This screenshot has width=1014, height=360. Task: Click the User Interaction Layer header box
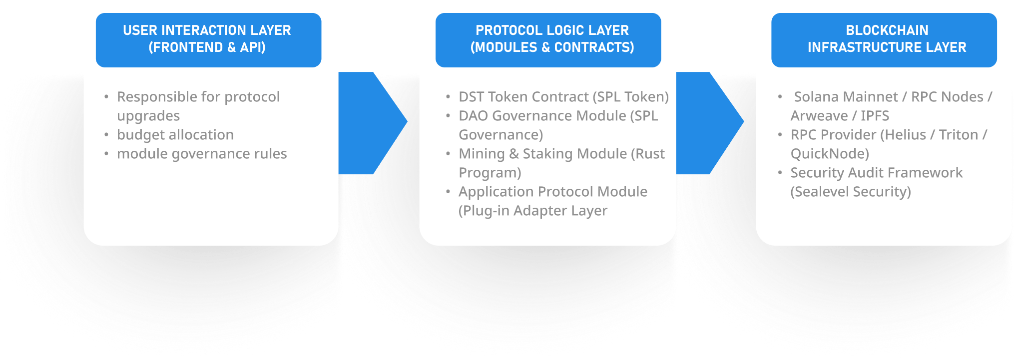[x=208, y=40]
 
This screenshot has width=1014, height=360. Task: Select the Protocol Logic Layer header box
[x=548, y=40]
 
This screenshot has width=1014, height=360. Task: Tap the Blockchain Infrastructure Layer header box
[x=884, y=40]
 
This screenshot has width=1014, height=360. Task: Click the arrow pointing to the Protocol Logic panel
[x=373, y=123]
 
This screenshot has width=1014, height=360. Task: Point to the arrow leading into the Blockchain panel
[x=710, y=123]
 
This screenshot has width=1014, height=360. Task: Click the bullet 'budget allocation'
[x=175, y=135]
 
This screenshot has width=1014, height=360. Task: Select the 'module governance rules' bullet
[x=202, y=154]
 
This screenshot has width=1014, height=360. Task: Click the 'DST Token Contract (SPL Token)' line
[x=563, y=97]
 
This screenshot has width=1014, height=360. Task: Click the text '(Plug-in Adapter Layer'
[x=533, y=211]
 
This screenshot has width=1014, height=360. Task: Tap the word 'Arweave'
[x=819, y=116]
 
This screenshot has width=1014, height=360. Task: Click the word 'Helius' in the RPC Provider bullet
[x=907, y=135]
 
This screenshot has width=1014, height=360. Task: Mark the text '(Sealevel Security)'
[x=851, y=192]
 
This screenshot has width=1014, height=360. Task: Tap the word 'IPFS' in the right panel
[x=875, y=116]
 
